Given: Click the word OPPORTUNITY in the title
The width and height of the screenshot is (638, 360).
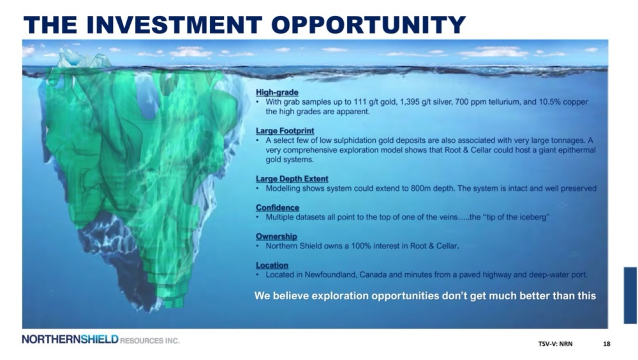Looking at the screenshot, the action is (368, 24).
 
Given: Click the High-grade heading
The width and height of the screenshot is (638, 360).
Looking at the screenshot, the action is (277, 93).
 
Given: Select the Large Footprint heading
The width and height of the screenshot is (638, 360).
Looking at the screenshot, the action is (285, 131).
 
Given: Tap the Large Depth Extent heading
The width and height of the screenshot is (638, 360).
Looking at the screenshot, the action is (292, 179).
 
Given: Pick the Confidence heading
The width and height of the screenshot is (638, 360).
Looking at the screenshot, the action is (277, 207).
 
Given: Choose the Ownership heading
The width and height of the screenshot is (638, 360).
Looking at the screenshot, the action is (276, 237).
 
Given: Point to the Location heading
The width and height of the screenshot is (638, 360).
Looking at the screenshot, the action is (272, 266).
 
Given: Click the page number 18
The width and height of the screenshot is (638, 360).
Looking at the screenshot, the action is (606, 343).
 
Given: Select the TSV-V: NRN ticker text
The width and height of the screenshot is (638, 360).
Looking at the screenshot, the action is (556, 343).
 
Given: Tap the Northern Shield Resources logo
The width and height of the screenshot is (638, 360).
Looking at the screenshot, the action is (101, 340).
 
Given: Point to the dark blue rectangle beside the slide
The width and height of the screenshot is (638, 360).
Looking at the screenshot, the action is (630, 296).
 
